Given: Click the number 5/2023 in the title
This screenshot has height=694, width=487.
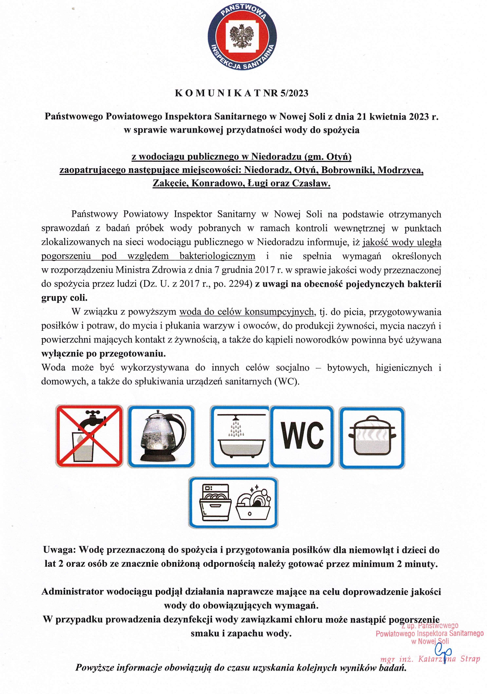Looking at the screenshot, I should click(x=294, y=93).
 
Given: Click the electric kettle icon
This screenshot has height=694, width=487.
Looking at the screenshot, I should click(x=161, y=436).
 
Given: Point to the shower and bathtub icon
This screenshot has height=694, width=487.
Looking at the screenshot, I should click(x=239, y=436).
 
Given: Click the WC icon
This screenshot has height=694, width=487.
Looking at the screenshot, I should click(x=302, y=436).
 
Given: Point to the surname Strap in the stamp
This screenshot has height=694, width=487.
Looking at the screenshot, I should click(x=470, y=659).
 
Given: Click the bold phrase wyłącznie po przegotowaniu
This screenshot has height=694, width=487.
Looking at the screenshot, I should click(x=104, y=353).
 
